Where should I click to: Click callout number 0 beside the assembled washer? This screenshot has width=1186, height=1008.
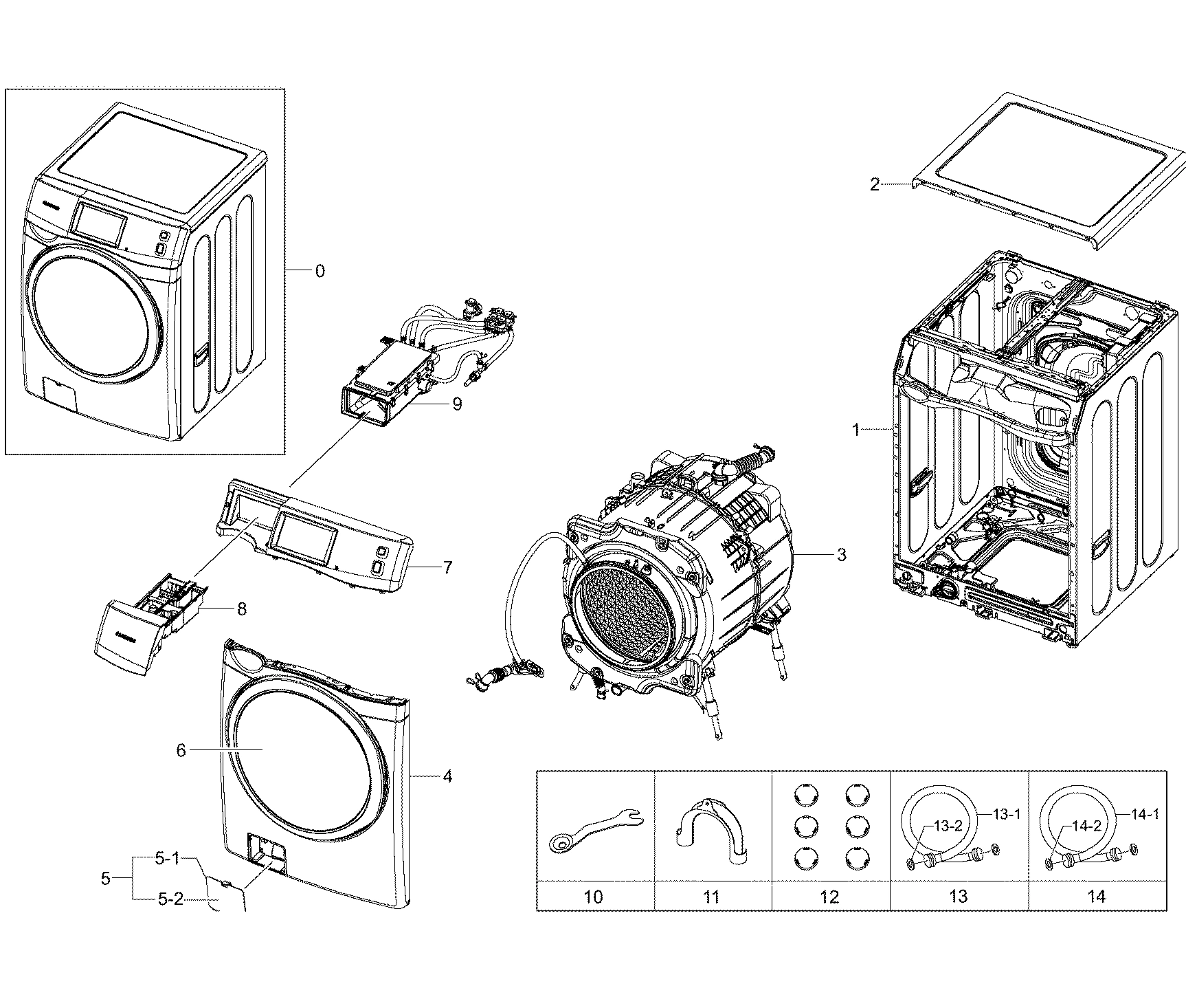tap(320, 272)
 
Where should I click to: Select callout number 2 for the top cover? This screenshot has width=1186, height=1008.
tap(874, 185)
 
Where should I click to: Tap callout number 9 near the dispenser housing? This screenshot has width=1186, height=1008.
tap(457, 404)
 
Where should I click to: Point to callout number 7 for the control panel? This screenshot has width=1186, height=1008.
tap(447, 567)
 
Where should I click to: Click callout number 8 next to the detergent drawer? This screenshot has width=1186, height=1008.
tap(241, 609)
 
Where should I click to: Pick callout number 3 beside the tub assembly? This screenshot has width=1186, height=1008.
tap(841, 554)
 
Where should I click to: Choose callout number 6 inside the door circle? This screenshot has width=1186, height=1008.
tap(181, 750)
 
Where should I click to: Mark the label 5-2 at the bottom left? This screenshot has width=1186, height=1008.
tap(170, 899)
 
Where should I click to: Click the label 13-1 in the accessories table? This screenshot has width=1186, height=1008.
tap(1006, 815)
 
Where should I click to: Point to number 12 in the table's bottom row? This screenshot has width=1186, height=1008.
tap(829, 897)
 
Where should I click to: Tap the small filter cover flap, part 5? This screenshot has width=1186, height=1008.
tap(227, 894)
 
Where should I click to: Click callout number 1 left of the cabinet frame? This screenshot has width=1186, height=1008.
tap(856, 430)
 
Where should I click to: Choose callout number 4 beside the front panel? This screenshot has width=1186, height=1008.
tap(447, 777)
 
